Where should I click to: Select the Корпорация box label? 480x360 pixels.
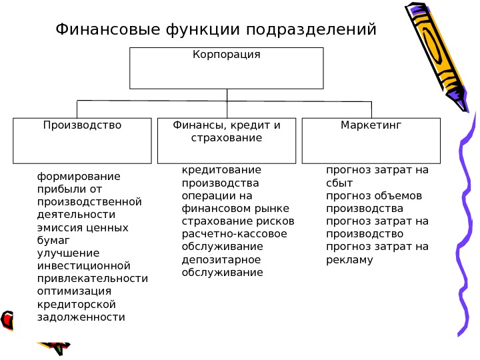[226, 54]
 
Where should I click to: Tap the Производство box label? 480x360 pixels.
[82, 125]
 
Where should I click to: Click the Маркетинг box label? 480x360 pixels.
[371, 125]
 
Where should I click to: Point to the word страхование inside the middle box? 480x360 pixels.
[226, 138]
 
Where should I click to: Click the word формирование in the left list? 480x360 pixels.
[79, 177]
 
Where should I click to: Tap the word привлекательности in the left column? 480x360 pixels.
[93, 278]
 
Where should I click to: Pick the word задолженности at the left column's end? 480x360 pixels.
[81, 317]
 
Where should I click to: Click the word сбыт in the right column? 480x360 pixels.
[339, 183]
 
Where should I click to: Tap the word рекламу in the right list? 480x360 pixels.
[349, 259]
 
